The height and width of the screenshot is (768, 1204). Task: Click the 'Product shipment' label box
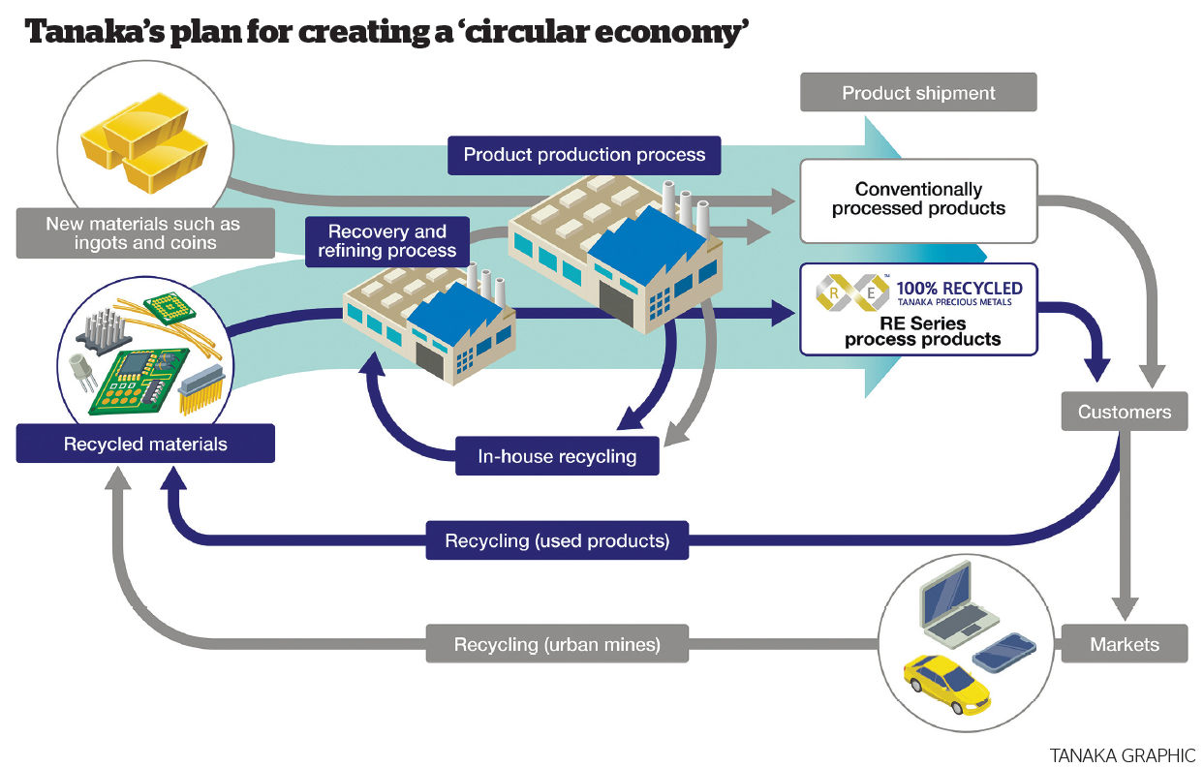point(918,93)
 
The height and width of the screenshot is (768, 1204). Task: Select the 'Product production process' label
point(584,155)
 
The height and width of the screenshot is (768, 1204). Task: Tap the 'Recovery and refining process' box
point(387,241)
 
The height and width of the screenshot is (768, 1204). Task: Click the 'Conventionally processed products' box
point(918,200)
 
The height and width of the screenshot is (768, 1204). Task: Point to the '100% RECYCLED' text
point(959,288)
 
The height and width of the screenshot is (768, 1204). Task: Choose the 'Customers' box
point(1124,412)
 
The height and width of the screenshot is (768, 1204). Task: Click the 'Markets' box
point(1124,644)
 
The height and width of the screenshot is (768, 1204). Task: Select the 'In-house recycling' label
point(557,456)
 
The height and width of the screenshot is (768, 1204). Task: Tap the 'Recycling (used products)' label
point(557,540)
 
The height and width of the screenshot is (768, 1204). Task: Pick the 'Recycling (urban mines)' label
point(557,644)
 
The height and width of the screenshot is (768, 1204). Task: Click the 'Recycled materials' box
point(145,445)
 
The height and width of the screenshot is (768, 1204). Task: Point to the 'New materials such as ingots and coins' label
point(142,232)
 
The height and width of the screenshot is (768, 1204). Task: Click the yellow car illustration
point(946,683)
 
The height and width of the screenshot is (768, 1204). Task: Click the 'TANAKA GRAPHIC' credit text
point(1122,754)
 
